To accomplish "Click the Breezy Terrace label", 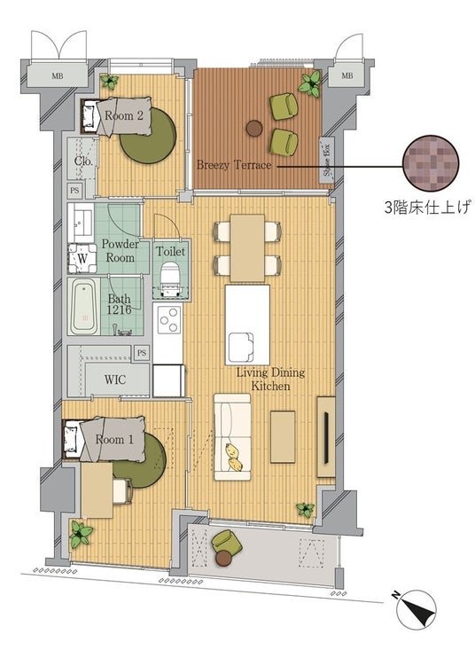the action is pyautogui.click(x=234, y=165).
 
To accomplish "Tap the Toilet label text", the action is pyautogui.click(x=171, y=251).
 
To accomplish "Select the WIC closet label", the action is pyautogui.click(x=115, y=380).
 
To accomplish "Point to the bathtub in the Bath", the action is pyautogui.click(x=84, y=306).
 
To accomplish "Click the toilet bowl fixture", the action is pyautogui.click(x=169, y=278).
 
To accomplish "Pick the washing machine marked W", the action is pyautogui.click(x=82, y=258).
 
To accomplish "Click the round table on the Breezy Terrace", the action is pyautogui.click(x=254, y=128).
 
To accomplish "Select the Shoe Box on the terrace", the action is pyautogui.click(x=326, y=160).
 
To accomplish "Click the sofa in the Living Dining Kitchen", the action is pyautogui.click(x=232, y=437).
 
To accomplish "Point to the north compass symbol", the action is pyautogui.click(x=416, y=610).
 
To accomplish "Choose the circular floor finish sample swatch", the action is pyautogui.click(x=431, y=163).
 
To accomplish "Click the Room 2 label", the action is pyautogui.click(x=123, y=115).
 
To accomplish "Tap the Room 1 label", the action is pyautogui.click(x=114, y=440).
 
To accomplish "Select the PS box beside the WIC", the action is pyautogui.click(x=142, y=353).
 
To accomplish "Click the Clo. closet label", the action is pyautogui.click(x=83, y=161).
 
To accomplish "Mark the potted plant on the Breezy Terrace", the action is pyautogui.click(x=310, y=84).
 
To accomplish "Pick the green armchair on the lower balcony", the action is pyautogui.click(x=227, y=542).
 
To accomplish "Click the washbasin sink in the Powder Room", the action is pyautogui.click(x=82, y=223).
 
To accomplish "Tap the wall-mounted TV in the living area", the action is pyautogui.click(x=326, y=437).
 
